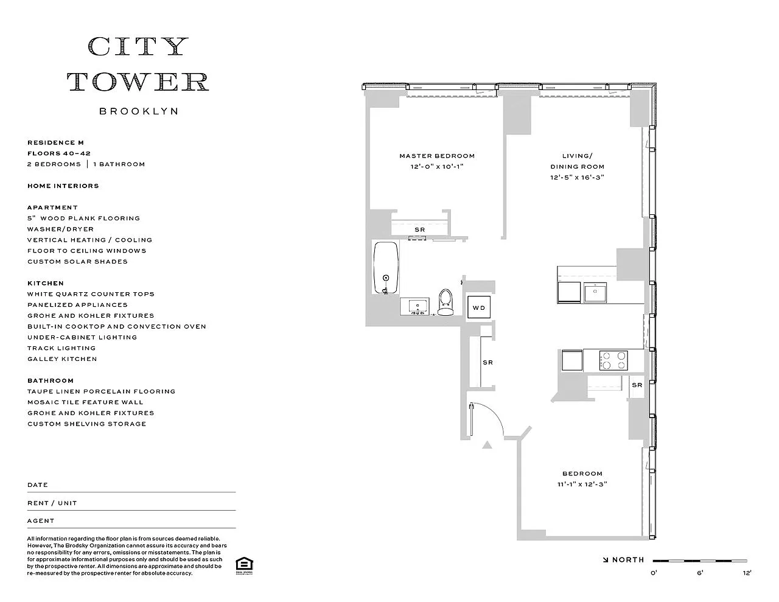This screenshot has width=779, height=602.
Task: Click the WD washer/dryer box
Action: (479, 307)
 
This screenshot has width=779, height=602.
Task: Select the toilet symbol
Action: (445, 302)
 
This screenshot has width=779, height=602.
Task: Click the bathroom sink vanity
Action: (417, 306)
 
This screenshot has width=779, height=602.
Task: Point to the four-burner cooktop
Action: (613, 360)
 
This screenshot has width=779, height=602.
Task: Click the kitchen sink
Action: (595, 292)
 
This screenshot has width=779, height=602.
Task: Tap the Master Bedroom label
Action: (437, 156)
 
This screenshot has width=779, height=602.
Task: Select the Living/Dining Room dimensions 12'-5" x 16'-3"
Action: (577, 178)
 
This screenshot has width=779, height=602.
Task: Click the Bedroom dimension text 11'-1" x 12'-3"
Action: (582, 485)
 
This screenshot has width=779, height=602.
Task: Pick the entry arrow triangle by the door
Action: (487, 446)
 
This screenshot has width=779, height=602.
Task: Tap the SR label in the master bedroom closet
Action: (419, 229)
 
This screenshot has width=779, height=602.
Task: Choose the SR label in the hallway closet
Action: (487, 363)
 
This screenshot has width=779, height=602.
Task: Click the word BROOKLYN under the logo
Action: (139, 111)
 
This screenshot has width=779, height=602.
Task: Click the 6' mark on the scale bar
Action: (700, 572)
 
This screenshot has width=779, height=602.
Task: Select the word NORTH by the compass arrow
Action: (628, 560)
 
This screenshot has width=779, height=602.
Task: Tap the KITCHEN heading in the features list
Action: (46, 283)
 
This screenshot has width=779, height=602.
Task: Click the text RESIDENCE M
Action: (55, 142)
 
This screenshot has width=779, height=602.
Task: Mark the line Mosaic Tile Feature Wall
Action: (85, 402)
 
